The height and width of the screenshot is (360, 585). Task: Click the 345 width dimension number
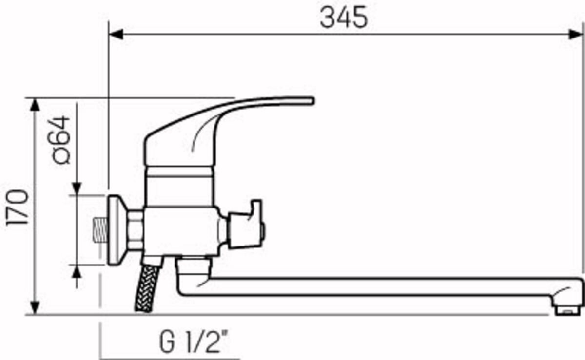[x=344, y=17]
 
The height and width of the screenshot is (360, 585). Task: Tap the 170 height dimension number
[x=17, y=207]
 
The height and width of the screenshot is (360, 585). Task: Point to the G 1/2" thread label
[x=194, y=341]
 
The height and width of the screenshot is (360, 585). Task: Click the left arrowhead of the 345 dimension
[x=116, y=34]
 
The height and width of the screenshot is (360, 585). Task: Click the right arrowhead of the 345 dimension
[x=575, y=34]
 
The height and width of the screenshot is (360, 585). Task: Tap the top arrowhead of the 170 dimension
[x=35, y=105]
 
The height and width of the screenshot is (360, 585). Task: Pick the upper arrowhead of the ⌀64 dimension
[x=77, y=189]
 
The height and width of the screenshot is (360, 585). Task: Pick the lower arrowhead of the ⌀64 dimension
[x=76, y=272]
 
